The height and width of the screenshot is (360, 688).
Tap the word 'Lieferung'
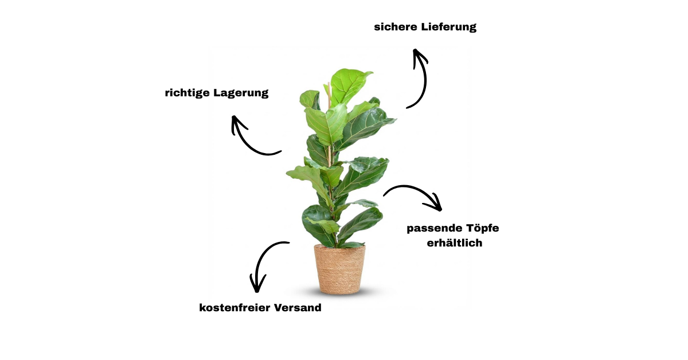click(x=449, y=27)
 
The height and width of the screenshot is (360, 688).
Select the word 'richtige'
click(x=187, y=93)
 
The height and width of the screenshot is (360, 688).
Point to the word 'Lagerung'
click(x=241, y=93)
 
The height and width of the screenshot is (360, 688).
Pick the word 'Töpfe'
click(x=483, y=228)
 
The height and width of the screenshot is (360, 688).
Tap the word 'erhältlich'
click(x=455, y=242)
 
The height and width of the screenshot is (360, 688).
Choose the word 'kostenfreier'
click(x=234, y=307)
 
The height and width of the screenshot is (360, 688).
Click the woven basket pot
click(x=339, y=269)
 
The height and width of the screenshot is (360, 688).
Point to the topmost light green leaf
click(x=349, y=84)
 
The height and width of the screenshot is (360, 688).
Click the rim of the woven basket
click(x=339, y=246)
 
